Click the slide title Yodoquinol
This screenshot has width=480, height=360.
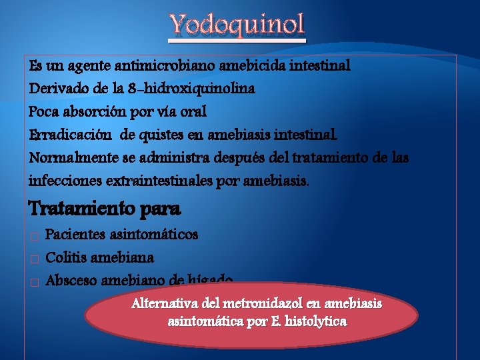[x=237, y=25]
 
